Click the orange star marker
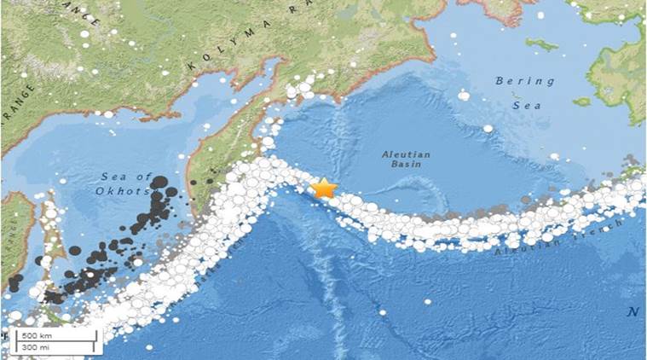(324, 188)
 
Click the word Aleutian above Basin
(407, 155)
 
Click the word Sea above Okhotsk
(113, 177)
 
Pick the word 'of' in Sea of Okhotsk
(144, 177)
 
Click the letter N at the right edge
(633, 311)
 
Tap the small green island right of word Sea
(582, 102)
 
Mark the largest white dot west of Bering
(464, 96)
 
